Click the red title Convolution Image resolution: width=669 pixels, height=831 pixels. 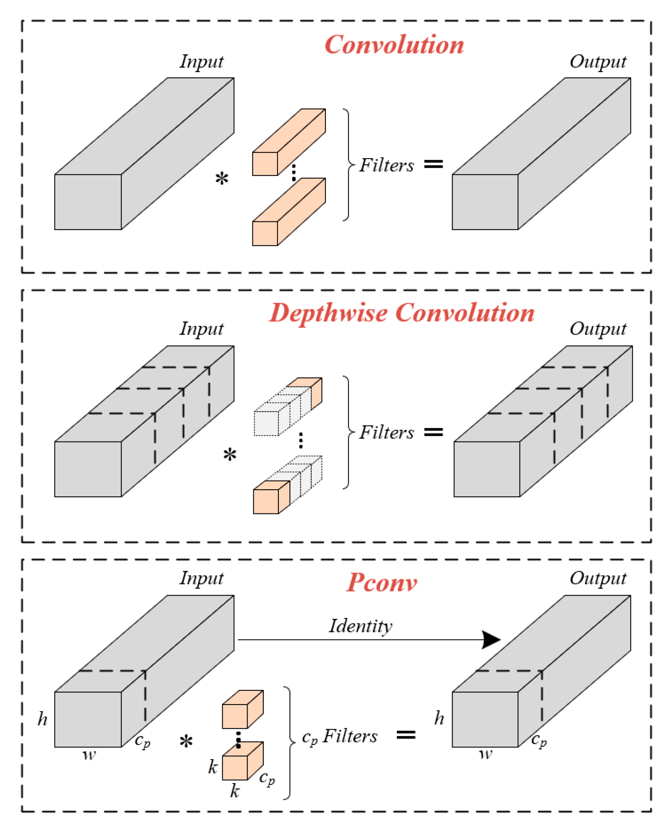click(394, 45)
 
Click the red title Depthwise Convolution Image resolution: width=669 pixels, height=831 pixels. click(401, 313)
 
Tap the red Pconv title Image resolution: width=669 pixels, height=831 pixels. click(382, 582)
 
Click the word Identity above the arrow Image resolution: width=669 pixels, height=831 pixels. click(360, 625)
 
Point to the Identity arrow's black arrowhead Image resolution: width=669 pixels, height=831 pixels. click(491, 640)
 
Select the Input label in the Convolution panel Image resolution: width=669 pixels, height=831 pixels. click(201, 62)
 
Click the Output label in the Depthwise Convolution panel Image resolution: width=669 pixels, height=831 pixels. click(597, 329)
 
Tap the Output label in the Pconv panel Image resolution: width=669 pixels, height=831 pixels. click(597, 578)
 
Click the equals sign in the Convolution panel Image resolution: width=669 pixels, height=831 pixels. click(433, 164)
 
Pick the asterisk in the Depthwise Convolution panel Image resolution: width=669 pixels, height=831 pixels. click(230, 454)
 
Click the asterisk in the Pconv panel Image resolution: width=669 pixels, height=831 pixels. click(186, 741)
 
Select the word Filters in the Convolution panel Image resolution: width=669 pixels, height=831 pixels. click(387, 165)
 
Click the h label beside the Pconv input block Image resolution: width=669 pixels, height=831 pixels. click(42, 719)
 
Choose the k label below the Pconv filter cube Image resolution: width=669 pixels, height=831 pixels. click(235, 791)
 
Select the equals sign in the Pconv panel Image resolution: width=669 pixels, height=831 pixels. click(406, 735)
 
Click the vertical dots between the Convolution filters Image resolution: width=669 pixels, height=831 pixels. click(294, 172)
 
